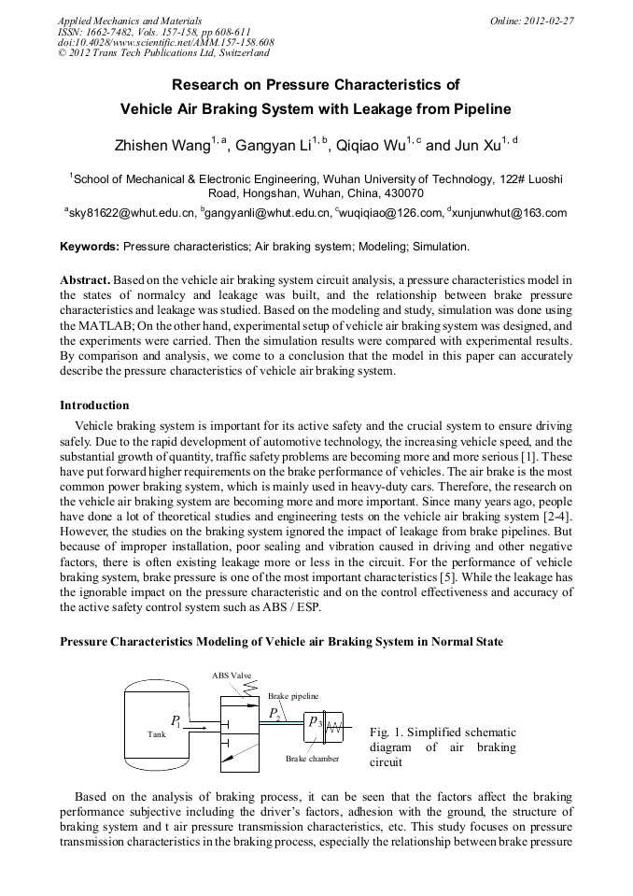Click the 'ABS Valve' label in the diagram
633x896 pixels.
[232, 676]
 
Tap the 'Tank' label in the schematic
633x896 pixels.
[156, 734]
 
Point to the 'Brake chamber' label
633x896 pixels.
[313, 758]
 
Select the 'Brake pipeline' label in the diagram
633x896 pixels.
[293, 696]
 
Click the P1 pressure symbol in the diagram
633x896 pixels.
[176, 721]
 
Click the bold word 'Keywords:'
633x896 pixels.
[90, 248]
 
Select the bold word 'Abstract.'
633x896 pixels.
[86, 280]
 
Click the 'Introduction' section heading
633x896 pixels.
[94, 405]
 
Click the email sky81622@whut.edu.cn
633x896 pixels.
[132, 213]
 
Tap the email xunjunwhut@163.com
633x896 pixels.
[511, 213]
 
